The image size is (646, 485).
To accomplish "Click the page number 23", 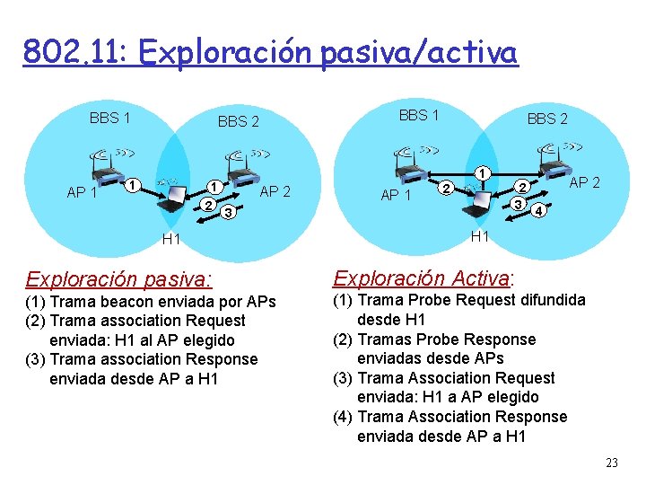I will [612, 463].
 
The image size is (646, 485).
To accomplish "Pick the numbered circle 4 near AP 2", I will [538, 212].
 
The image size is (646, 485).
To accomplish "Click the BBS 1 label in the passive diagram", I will [110, 118].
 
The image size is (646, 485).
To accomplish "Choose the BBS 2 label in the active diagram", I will [546, 119].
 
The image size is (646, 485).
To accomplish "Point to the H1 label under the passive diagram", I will [170, 239].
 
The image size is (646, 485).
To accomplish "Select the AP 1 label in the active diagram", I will [397, 195].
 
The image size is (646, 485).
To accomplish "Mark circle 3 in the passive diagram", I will [230, 213].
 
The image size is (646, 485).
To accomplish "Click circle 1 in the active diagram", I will [482, 172].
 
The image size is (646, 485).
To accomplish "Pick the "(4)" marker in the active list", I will [343, 417].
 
